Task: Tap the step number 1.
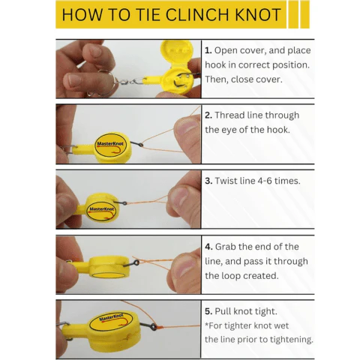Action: (208, 50)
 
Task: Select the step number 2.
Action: (208, 115)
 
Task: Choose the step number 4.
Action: (208, 247)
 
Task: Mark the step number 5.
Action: (208, 311)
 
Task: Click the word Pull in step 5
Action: (226, 311)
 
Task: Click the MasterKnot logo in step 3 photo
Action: (100, 209)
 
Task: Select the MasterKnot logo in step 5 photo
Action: (111, 321)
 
